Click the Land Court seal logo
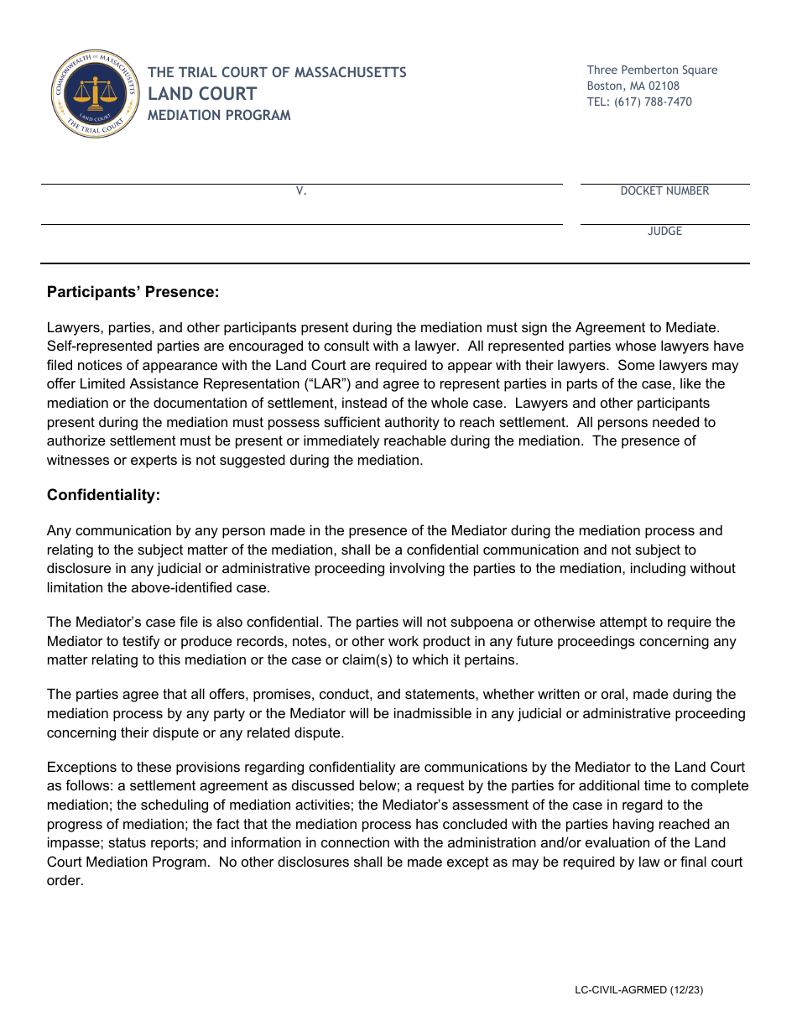pos(95,94)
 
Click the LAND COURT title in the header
pos(202,93)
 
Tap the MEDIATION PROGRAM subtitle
pos(219,116)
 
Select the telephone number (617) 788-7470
pos(639,102)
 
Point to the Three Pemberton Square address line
pos(652,70)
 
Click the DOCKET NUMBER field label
pos(664,191)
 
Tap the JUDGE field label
pos(664,232)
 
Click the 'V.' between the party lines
pos(301,191)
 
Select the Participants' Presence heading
pos(133,292)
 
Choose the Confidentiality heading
pos(103,495)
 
